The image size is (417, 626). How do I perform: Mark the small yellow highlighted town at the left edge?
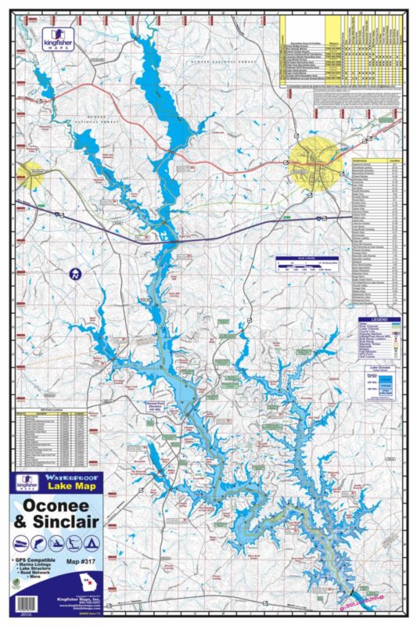[30, 174]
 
